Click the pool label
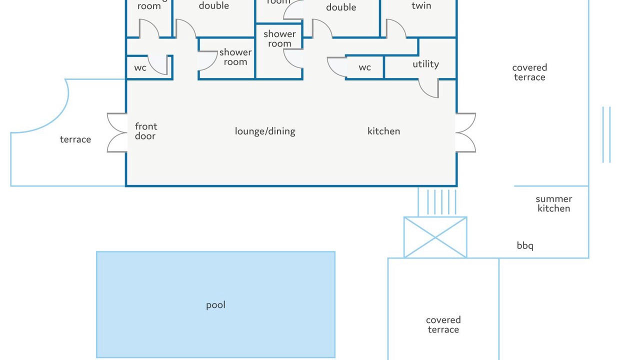click(215, 305)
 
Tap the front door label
click(145, 131)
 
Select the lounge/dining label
click(265, 131)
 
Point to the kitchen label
click(383, 131)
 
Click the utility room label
click(425, 64)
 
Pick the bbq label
click(525, 245)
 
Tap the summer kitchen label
click(553, 203)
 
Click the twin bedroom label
click(421, 6)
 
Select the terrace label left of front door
click(75, 139)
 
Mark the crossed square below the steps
click(435, 237)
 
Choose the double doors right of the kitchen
click(465, 132)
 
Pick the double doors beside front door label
click(117, 132)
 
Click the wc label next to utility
click(364, 67)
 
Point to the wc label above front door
click(140, 67)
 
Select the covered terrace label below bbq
click(443, 324)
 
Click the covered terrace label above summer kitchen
click(529, 72)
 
